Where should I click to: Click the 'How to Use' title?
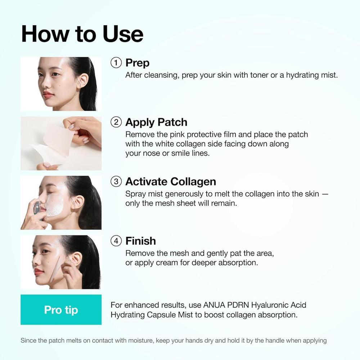click(82, 34)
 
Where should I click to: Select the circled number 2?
click(116, 122)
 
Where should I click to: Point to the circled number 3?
click(116, 181)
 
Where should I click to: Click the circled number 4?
click(116, 241)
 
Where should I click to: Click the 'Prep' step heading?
click(137, 63)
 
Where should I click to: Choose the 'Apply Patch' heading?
click(156, 122)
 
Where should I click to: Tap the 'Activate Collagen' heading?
click(171, 181)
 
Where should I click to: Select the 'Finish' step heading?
click(140, 241)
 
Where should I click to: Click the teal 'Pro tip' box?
click(61, 310)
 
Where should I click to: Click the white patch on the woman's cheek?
click(55, 204)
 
